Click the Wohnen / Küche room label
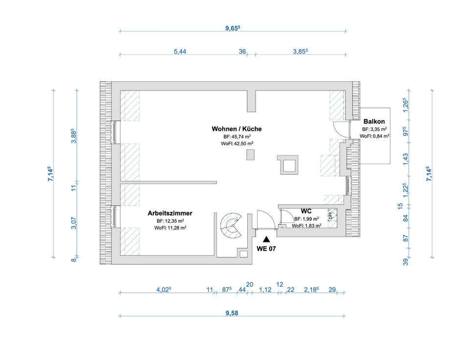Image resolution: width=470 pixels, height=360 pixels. click(x=236, y=129)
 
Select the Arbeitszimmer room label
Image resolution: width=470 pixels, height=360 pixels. click(x=170, y=214)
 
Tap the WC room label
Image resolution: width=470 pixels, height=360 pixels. click(x=306, y=211)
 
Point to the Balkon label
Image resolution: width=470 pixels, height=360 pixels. click(x=374, y=121)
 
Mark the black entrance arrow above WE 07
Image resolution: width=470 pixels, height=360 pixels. click(x=266, y=240)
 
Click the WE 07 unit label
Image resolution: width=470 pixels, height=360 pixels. click(x=266, y=248)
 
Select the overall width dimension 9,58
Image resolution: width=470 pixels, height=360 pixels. click(x=232, y=313)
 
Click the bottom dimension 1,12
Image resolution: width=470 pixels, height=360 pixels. click(x=265, y=290)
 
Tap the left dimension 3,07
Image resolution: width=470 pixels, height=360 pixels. click(x=73, y=223)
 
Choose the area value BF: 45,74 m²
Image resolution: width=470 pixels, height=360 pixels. click(x=237, y=137)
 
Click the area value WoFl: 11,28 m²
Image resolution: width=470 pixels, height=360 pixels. click(x=170, y=227)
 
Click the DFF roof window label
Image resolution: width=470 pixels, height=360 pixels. click(x=330, y=214)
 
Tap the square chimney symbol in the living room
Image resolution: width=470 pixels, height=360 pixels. click(x=287, y=165)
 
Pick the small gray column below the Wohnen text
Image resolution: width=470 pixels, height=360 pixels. click(x=251, y=155)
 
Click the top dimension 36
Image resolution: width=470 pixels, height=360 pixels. click(x=242, y=51)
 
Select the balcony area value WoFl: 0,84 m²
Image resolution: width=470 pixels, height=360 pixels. click(x=374, y=136)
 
